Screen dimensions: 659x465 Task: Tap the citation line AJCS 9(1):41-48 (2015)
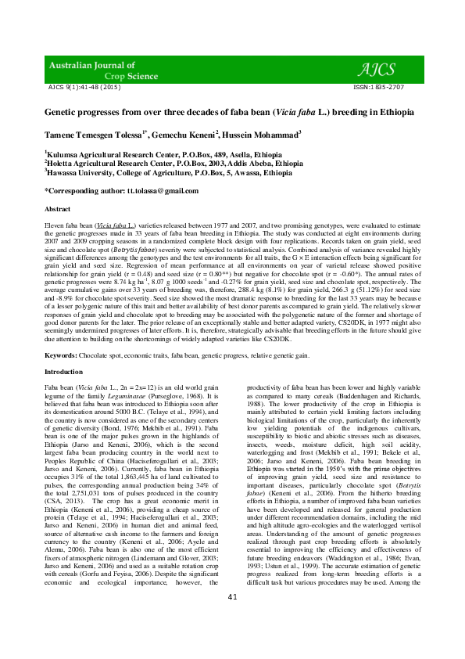(x=84, y=87)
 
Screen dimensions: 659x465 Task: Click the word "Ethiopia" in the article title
(x=395, y=112)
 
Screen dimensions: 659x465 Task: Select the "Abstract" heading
(x=58, y=210)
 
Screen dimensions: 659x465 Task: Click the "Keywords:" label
(x=61, y=355)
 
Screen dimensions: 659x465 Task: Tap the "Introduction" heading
(x=63, y=372)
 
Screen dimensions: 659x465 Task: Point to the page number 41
(x=232, y=641)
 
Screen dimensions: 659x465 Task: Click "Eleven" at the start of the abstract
(x=54, y=224)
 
